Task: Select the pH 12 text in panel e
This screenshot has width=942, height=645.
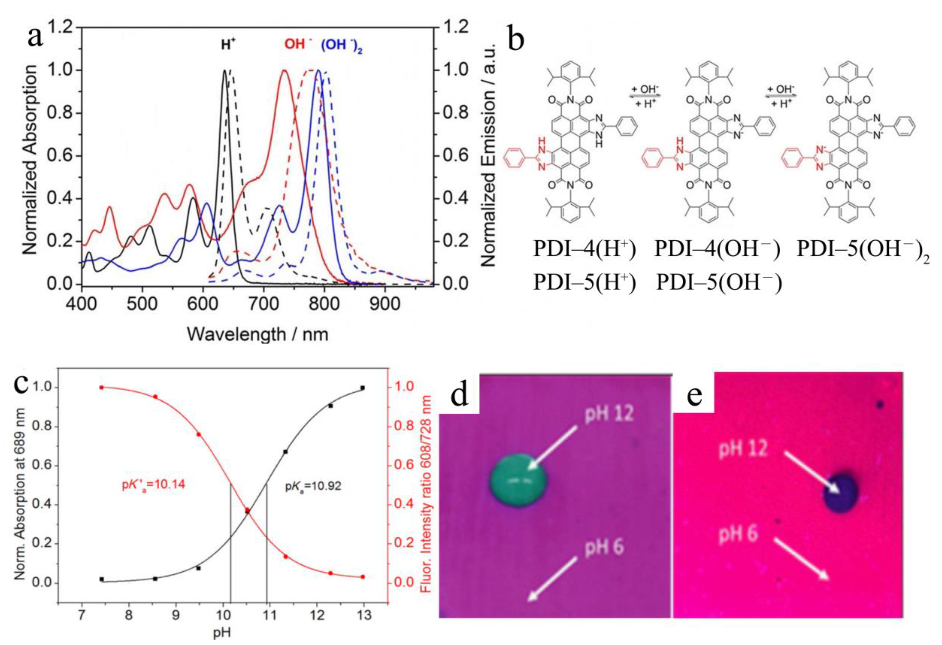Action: [x=743, y=449]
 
